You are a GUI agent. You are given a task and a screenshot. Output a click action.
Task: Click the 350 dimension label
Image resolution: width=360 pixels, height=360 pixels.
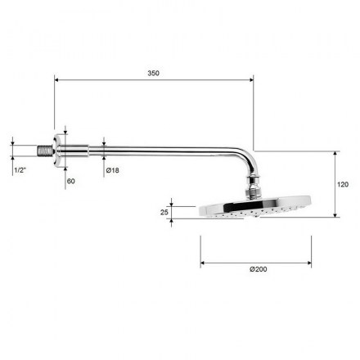153,73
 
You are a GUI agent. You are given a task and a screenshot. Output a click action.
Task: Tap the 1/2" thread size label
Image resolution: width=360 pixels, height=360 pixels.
20,170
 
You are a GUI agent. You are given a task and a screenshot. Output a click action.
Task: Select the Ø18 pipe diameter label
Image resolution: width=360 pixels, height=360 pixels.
113,170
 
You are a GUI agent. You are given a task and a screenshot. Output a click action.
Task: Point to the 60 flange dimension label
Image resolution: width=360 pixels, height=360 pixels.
70,181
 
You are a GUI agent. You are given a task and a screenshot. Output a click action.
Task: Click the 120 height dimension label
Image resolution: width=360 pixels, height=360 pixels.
343,185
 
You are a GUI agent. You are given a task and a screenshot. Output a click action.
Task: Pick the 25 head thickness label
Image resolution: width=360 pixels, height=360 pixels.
164,212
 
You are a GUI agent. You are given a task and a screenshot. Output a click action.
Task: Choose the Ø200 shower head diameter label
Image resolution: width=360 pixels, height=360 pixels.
259,269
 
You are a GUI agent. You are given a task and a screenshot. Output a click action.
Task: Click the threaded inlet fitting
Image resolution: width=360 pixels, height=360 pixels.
43,151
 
